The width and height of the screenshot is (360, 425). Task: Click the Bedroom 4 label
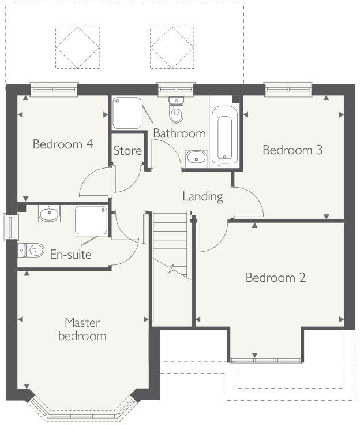pyautogui.click(x=63, y=144)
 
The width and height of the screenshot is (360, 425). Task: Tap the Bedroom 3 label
pyautogui.click(x=292, y=150)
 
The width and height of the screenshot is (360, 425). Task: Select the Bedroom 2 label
pyautogui.click(x=276, y=278)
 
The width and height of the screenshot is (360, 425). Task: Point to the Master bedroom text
pyautogui.click(x=82, y=329)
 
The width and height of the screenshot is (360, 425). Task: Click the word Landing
pyautogui.click(x=202, y=196)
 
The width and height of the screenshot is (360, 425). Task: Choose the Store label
pyautogui.click(x=127, y=151)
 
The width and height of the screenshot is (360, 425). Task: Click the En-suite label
pyautogui.click(x=70, y=254)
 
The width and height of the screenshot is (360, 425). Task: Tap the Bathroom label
pyautogui.click(x=179, y=133)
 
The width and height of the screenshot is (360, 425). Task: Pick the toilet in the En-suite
pyautogui.click(x=32, y=250)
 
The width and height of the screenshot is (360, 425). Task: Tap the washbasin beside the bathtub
pyautogui.click(x=197, y=158)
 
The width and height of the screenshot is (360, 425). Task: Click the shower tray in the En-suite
pyautogui.click(x=91, y=221)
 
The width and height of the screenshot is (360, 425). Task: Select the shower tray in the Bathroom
pyautogui.click(x=126, y=113)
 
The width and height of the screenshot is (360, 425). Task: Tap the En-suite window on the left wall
pyautogui.click(x=9, y=226)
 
